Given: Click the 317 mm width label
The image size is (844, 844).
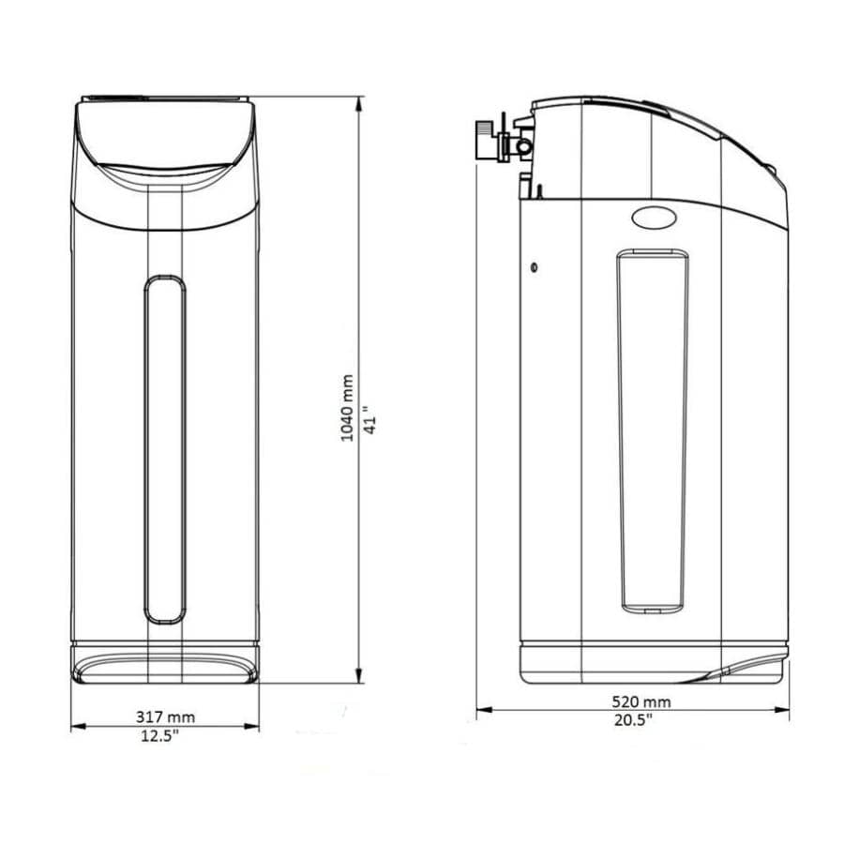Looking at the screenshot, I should point(165,717).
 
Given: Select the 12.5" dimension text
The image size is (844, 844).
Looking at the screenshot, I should point(160,735).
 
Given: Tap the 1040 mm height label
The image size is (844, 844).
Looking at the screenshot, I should point(348,408).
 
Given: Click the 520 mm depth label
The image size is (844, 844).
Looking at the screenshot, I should point(641,701).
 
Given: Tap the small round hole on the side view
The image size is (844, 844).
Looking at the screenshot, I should point(535,267).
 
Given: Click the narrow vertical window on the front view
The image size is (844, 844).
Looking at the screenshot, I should point(165,450).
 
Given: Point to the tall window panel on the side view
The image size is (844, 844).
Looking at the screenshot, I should point(652,431).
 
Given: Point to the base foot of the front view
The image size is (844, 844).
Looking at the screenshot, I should point(165,664).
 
